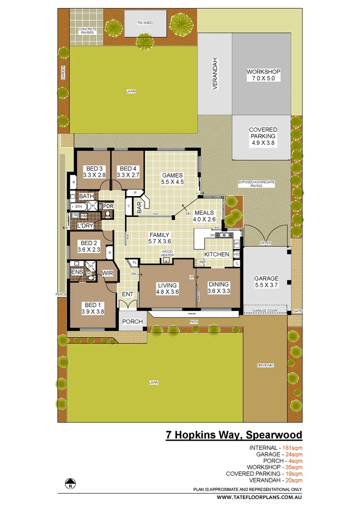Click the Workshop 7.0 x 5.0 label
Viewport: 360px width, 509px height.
[x=263, y=75]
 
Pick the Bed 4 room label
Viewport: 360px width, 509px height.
[x=128, y=172]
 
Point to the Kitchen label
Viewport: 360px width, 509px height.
[x=216, y=254]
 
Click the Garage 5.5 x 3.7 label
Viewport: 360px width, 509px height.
[x=267, y=282]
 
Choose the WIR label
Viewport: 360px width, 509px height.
[x=107, y=273]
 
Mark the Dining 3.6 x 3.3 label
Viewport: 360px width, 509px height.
[x=219, y=287]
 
